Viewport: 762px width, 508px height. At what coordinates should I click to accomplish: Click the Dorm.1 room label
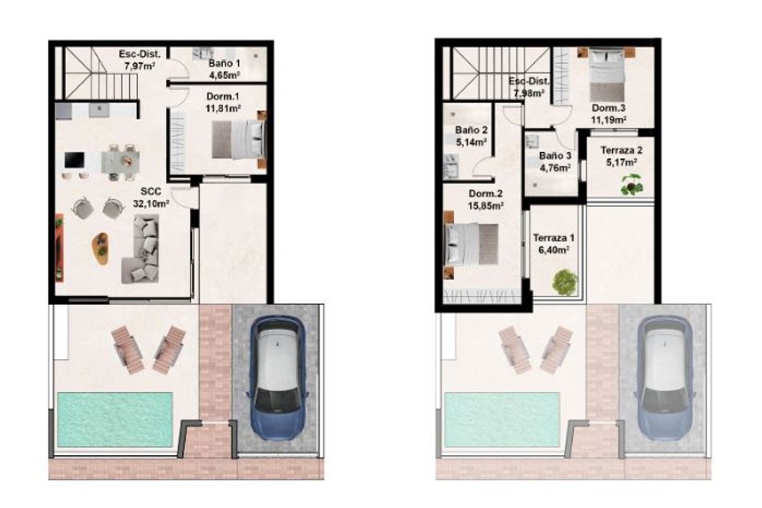[224, 97]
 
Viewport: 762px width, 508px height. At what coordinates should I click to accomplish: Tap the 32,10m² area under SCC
[150, 204]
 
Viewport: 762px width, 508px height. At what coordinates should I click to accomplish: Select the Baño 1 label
[224, 63]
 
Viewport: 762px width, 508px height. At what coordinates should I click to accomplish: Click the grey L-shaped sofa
[141, 247]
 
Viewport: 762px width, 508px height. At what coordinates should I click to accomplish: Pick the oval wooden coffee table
[101, 247]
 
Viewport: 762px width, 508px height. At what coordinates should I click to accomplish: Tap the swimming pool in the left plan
[104, 419]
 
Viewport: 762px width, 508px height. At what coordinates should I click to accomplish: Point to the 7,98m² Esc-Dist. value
[529, 93]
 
